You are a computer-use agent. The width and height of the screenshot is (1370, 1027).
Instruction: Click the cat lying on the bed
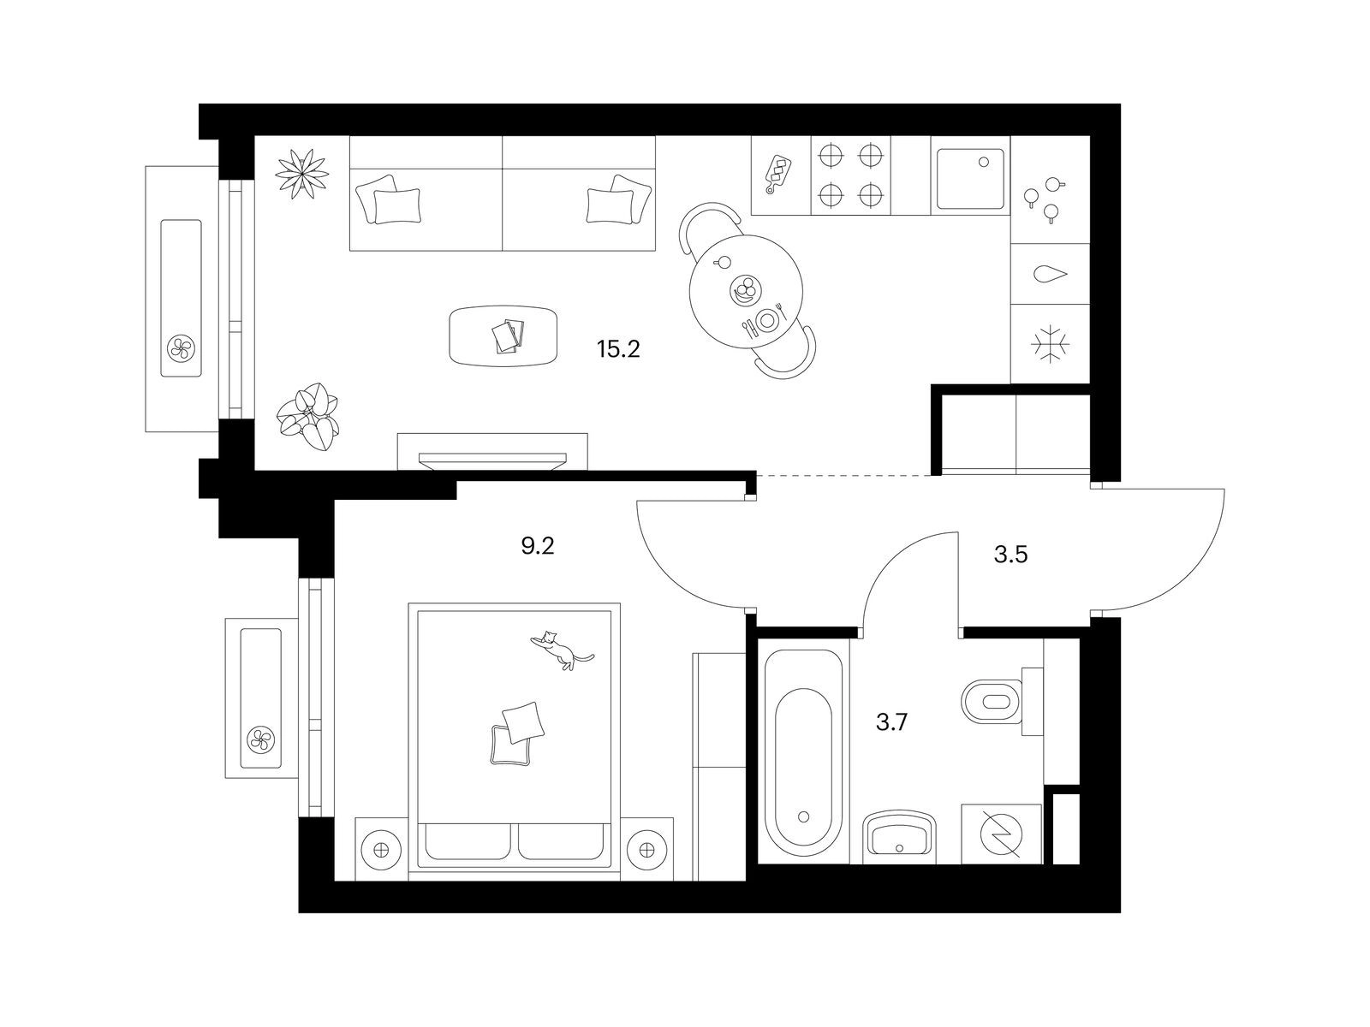[x=561, y=650]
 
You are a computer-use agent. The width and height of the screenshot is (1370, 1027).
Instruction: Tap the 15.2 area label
[x=618, y=349]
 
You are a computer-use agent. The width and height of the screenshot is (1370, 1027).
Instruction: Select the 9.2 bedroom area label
[x=538, y=546]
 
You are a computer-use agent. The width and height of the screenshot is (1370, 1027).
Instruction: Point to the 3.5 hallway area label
[x=1010, y=554]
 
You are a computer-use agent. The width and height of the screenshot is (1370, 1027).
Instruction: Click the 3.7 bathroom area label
[x=891, y=722]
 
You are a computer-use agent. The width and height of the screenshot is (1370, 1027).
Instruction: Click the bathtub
[x=803, y=751]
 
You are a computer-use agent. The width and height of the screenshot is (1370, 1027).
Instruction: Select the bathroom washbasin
[x=899, y=836]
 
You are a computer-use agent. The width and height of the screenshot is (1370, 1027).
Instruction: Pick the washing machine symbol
[x=1000, y=834]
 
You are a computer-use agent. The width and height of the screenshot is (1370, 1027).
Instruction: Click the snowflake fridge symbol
[x=1050, y=343]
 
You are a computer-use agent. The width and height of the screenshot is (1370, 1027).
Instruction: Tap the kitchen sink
[x=970, y=179]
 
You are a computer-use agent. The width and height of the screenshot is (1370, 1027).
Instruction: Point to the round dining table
[x=746, y=291]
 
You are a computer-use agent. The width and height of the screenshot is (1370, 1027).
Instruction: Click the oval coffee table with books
[x=503, y=335]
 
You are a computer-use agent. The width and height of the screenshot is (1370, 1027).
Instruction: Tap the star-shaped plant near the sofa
[x=302, y=174]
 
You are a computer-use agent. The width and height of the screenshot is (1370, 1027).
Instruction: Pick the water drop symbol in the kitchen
[x=1051, y=275]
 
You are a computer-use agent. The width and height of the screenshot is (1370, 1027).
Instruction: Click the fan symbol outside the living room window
[x=181, y=348]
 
